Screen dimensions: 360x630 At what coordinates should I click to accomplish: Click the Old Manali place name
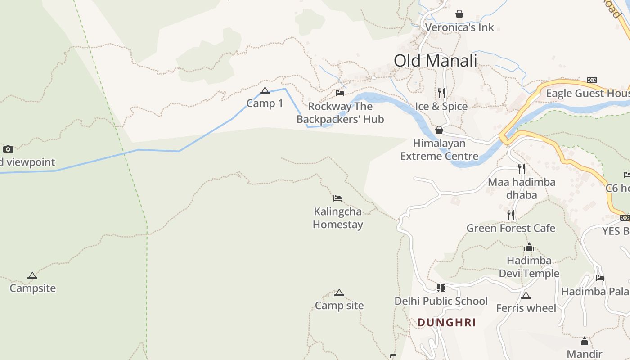click(x=435, y=61)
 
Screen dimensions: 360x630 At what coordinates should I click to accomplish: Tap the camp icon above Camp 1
click(x=265, y=91)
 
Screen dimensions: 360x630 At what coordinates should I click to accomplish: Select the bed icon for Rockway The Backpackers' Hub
click(x=340, y=93)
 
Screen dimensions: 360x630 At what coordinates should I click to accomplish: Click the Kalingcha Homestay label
click(x=338, y=218)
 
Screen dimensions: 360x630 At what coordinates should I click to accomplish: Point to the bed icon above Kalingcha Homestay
click(x=337, y=198)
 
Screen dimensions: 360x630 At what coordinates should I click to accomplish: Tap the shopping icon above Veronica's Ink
click(x=459, y=14)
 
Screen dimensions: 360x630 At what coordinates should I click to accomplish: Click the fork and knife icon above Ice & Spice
click(x=441, y=93)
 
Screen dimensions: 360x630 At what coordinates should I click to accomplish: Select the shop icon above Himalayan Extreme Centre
click(x=439, y=130)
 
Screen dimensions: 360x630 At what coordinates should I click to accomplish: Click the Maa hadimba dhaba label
click(x=522, y=188)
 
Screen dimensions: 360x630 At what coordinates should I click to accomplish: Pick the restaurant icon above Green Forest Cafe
click(x=511, y=215)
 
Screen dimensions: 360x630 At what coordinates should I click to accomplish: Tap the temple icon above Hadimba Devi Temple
click(x=529, y=247)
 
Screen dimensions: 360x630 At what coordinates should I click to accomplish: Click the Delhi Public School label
click(x=441, y=301)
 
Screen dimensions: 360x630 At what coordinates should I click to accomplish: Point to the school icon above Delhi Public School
click(x=441, y=288)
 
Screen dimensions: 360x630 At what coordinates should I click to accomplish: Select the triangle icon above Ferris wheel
click(x=526, y=296)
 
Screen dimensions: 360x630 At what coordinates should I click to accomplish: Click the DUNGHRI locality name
click(x=446, y=323)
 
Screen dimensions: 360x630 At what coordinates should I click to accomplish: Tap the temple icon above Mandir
click(x=585, y=342)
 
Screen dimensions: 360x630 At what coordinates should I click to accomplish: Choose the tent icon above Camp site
click(x=339, y=293)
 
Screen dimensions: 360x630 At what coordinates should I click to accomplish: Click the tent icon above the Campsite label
click(x=32, y=276)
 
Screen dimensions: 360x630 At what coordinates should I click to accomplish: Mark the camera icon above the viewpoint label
click(x=8, y=149)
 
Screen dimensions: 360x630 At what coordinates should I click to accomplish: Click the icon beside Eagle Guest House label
click(x=592, y=80)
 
